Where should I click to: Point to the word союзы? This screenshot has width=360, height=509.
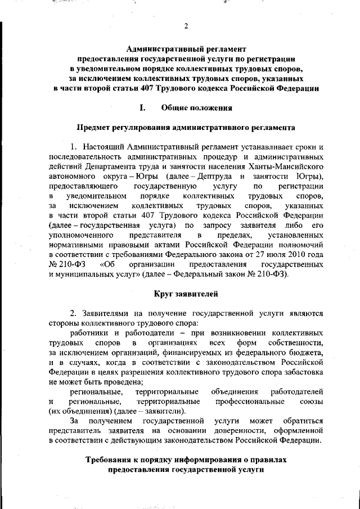(x=310, y=402)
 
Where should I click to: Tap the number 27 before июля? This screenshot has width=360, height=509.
(x=256, y=254)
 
